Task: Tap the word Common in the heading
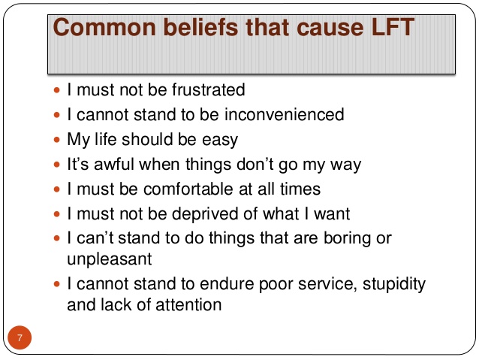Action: click(x=104, y=27)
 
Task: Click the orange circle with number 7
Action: click(x=20, y=337)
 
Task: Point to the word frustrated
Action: click(x=208, y=89)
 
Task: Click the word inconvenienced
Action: click(x=285, y=114)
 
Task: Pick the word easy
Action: click(x=220, y=141)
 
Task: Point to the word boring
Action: click(x=347, y=238)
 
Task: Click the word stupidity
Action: click(x=394, y=284)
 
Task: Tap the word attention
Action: click(x=188, y=305)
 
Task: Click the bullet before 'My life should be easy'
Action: click(x=57, y=140)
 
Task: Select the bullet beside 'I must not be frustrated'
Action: click(x=57, y=90)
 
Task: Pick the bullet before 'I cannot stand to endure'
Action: click(x=57, y=284)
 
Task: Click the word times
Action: click(x=300, y=189)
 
